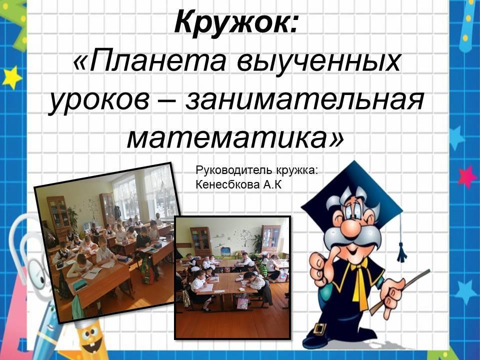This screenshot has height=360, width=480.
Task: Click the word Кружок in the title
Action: pos(232,22)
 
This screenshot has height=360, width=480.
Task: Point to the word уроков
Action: pos(98,100)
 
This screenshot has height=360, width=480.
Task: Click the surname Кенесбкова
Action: pos(225,184)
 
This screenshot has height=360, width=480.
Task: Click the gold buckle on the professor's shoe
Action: pos(319,329)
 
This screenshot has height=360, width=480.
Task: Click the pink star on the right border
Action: pos(467,176)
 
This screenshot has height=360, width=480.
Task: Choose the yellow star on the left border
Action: pos(12,78)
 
